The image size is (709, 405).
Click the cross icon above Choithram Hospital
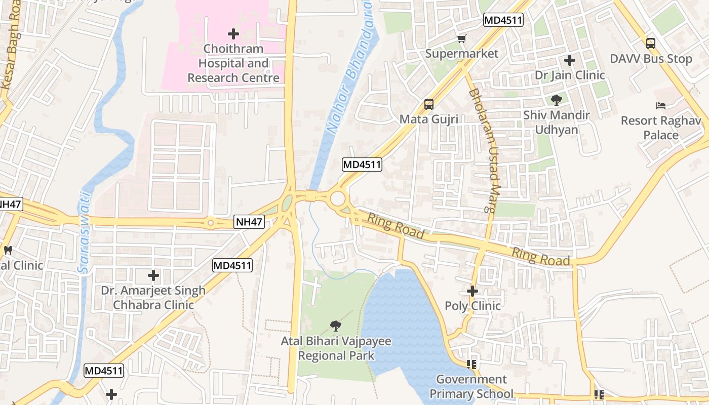click(233, 34)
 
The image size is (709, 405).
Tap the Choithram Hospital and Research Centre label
click(233, 63)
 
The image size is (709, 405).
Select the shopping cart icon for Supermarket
click(461, 39)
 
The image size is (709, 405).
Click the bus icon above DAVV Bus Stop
click(651, 44)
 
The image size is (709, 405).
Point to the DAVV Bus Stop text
click(651, 59)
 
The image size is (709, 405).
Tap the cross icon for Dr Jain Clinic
click(570, 60)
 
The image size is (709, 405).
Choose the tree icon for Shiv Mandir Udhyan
click(557, 100)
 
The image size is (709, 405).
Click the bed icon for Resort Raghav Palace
click(661, 106)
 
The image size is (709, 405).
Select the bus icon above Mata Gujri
click(429, 104)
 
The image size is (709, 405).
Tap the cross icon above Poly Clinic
click(472, 291)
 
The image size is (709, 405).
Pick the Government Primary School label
click(471, 386)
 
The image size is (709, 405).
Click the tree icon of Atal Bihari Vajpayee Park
click(335, 326)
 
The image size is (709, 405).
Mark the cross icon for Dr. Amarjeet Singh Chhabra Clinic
click(153, 275)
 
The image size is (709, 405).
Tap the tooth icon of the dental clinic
click(8, 250)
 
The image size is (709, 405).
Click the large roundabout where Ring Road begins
click(338, 199)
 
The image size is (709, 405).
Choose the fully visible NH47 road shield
click(250, 221)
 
